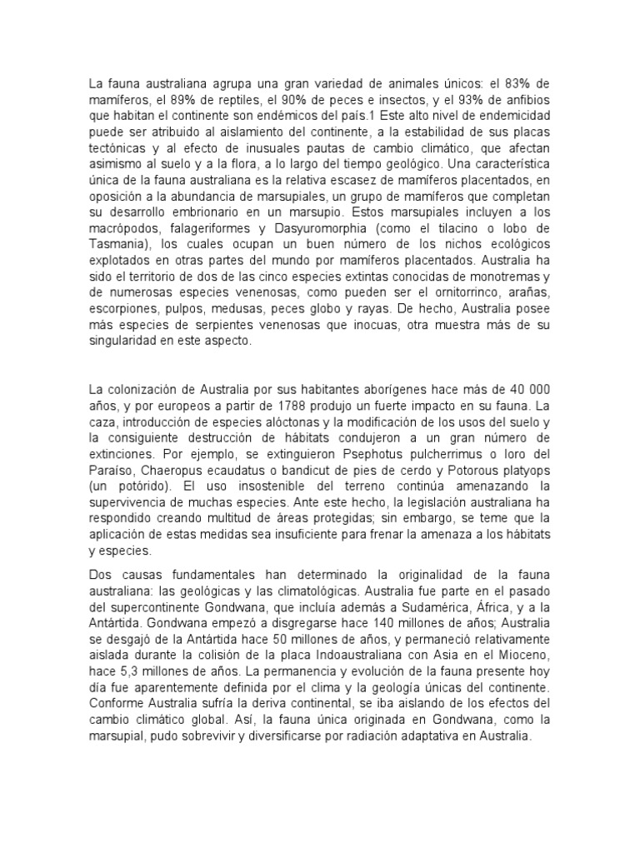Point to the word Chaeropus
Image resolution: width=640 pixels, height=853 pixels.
coord(180,468)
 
